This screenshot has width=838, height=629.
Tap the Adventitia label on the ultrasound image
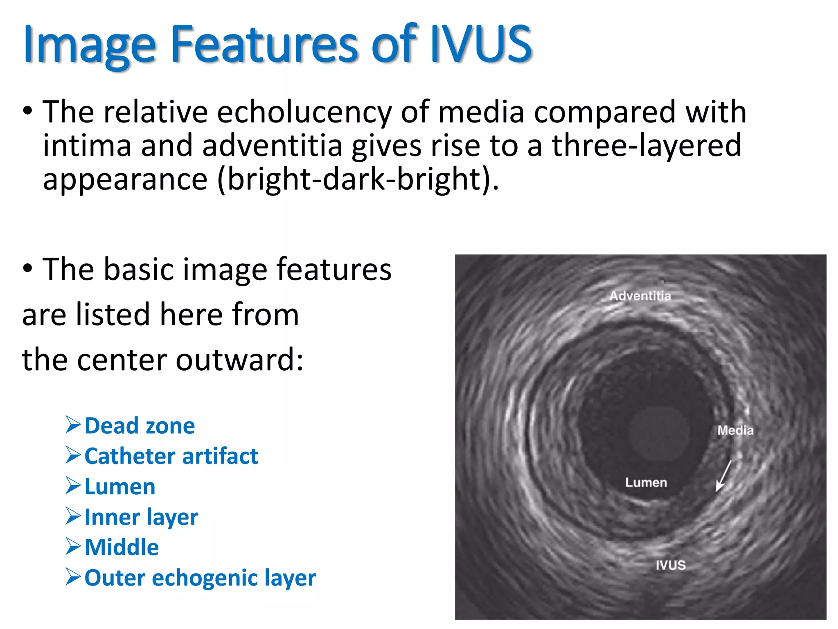click(640, 296)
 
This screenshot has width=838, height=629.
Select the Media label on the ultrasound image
click(735, 430)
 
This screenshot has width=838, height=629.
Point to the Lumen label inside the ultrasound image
click(646, 482)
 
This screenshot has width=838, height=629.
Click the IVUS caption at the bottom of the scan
click(670, 565)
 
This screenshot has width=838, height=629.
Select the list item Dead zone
click(140, 426)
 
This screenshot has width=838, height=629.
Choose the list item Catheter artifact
click(171, 456)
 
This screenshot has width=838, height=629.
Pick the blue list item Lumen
click(120, 487)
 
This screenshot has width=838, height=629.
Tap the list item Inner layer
click(141, 517)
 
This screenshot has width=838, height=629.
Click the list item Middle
click(122, 548)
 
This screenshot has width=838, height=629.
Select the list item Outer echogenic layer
click(200, 578)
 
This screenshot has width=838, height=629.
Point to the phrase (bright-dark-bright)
click(358, 179)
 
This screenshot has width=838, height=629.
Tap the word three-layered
click(647, 146)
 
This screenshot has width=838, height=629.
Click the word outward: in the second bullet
click(240, 360)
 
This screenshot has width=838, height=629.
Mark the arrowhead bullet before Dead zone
click(74, 425)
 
